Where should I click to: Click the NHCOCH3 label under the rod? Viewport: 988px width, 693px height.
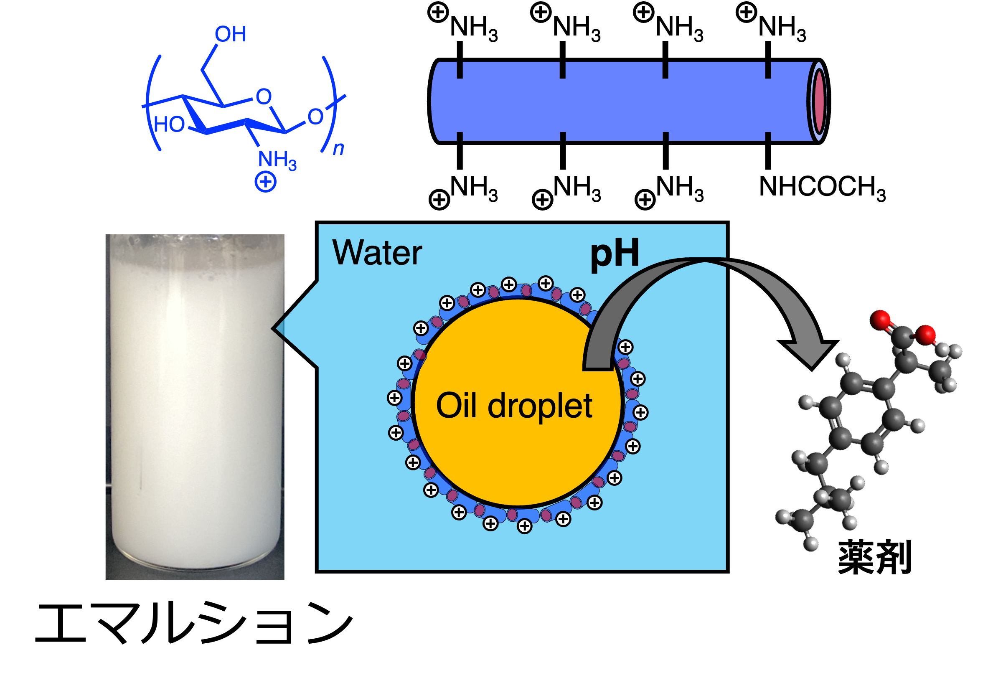pos(822,188)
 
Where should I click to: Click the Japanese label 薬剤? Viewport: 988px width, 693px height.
pos(875,558)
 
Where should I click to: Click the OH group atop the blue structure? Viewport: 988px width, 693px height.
pos(231,34)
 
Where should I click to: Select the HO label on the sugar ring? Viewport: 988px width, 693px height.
pos(169,124)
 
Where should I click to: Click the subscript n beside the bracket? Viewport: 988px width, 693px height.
pos(339,149)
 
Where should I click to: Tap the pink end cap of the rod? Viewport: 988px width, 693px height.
pos(819,102)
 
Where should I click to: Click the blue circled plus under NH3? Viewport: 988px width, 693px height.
pos(266,182)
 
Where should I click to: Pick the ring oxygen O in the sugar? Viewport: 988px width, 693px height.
pos(264,97)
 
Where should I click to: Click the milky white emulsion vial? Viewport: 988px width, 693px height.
pos(195,406)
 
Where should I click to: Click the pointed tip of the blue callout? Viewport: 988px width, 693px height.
pos(273,329)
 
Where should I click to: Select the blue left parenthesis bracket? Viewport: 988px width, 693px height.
pos(153,103)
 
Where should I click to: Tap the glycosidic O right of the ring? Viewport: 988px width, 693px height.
pos(315,117)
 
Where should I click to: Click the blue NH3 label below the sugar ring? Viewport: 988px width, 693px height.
pos(277,160)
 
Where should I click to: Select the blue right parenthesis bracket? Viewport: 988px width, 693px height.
pos(330,104)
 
